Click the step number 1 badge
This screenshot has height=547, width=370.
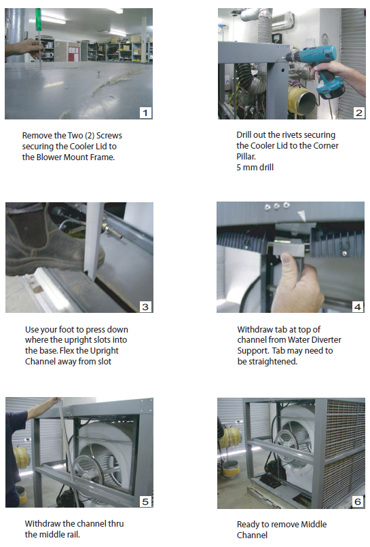tap(145, 113)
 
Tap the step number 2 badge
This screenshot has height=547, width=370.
tap(359, 113)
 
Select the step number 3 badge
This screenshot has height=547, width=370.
tap(145, 307)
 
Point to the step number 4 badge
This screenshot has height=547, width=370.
tap(357, 307)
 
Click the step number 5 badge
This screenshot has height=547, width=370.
tap(145, 502)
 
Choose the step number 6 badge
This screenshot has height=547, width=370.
tap(358, 502)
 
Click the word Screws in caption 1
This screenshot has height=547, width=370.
tap(109, 135)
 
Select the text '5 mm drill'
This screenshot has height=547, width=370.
tap(255, 168)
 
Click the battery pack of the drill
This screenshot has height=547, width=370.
tap(331, 89)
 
